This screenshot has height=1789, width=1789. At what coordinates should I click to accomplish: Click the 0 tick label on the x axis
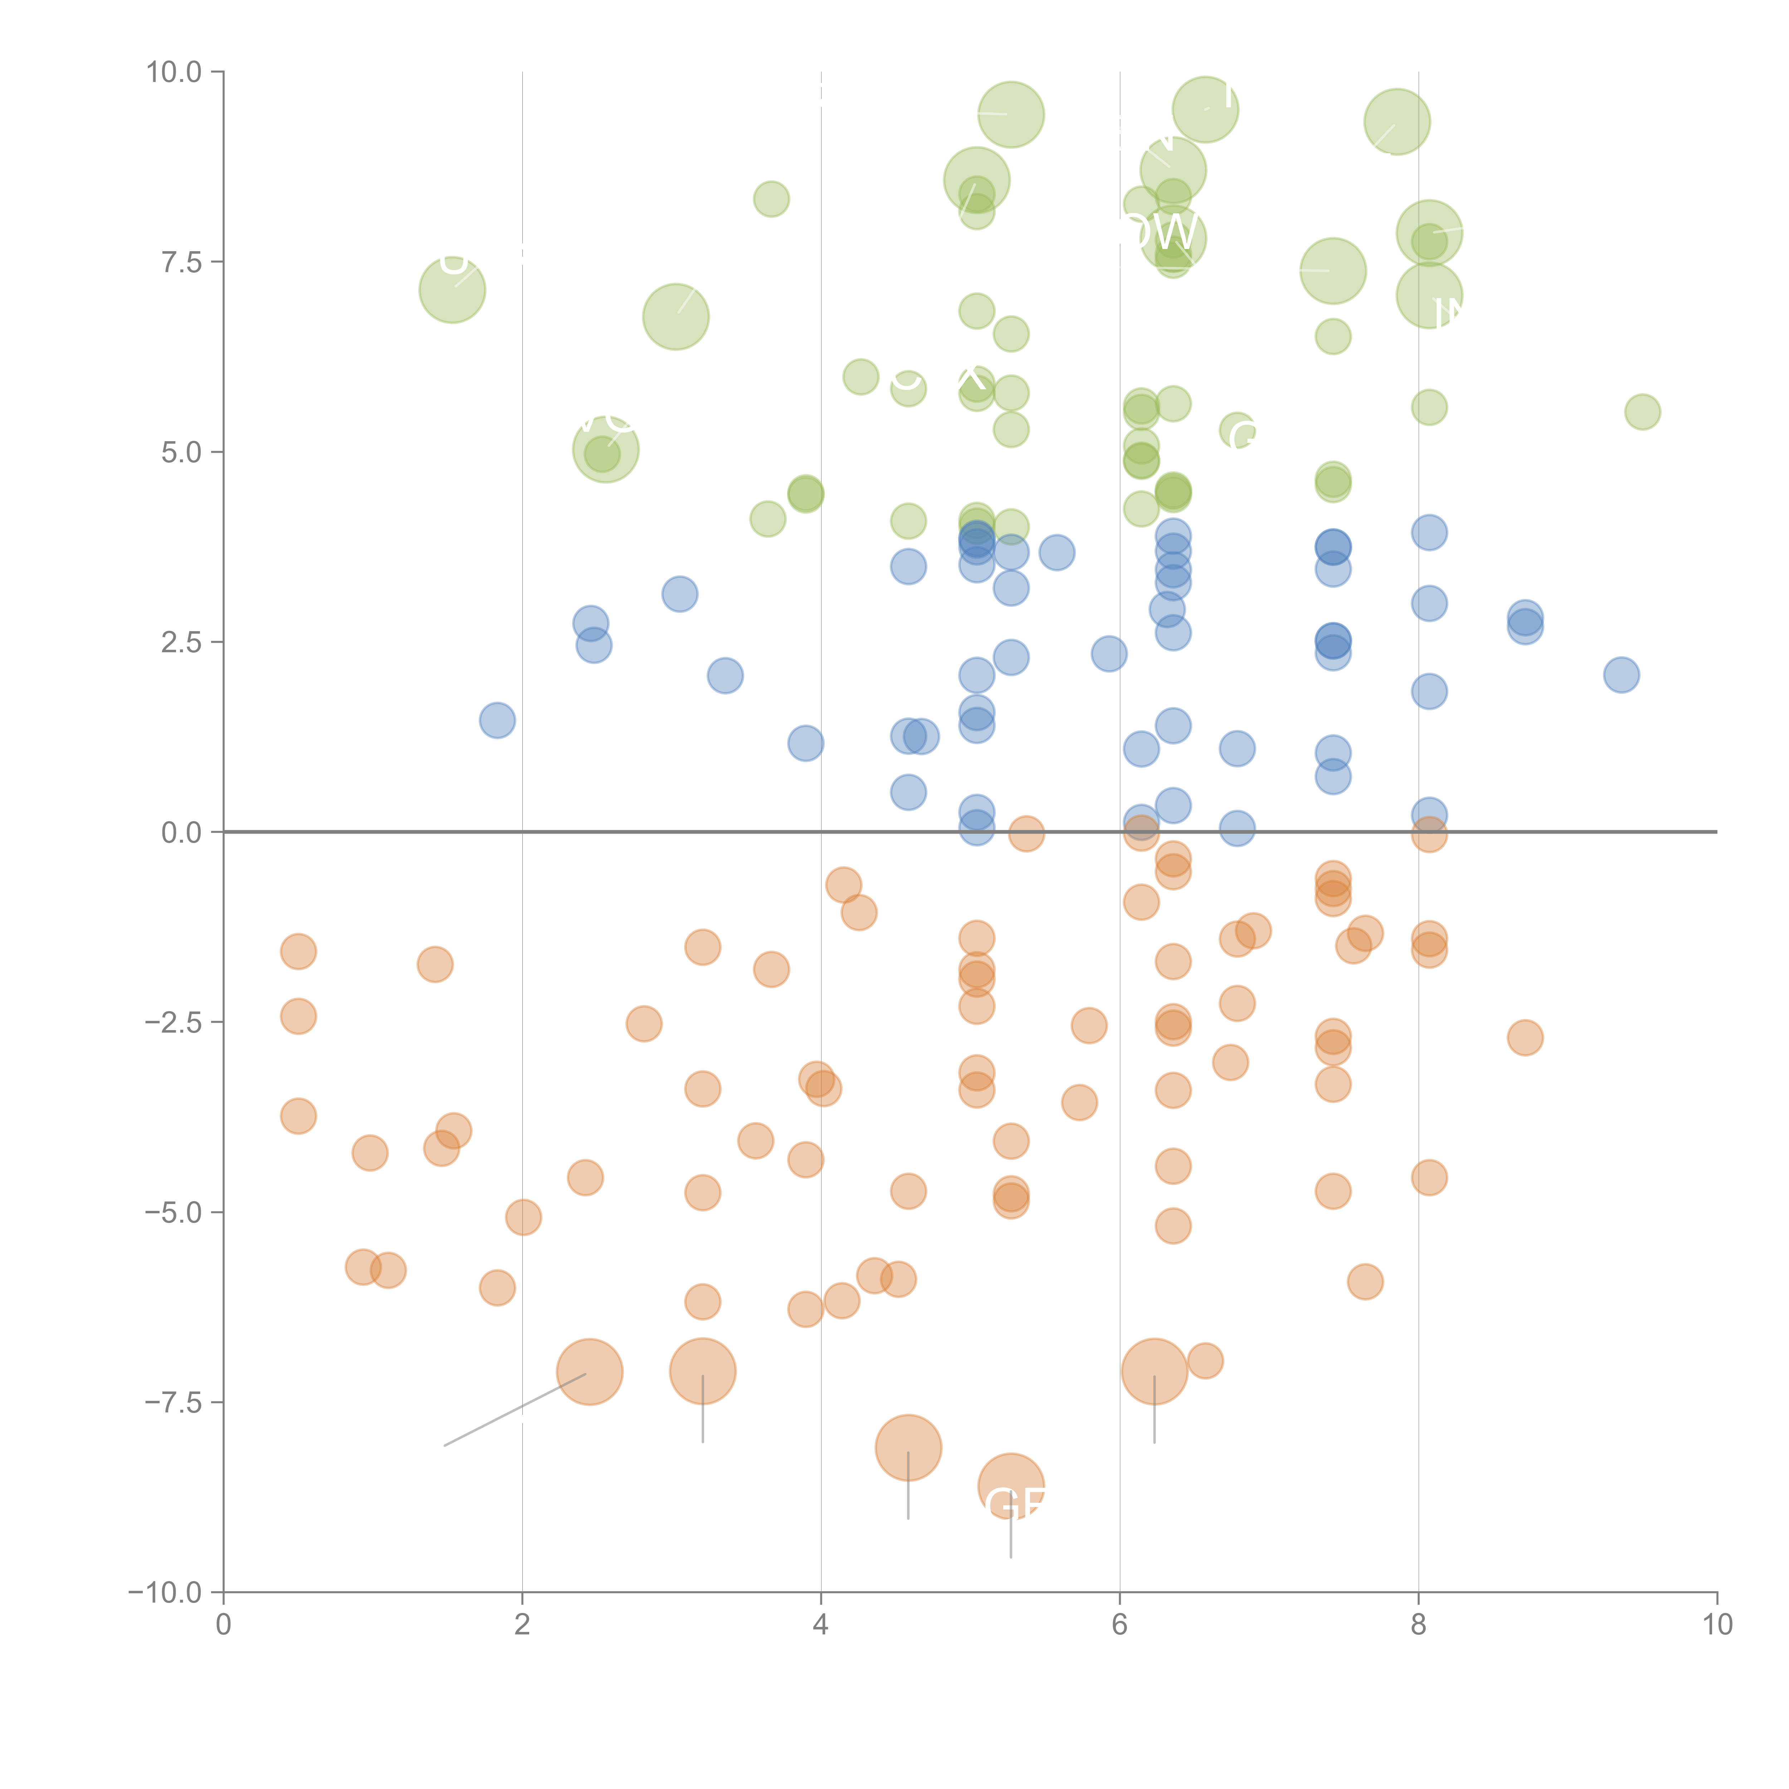click(223, 1625)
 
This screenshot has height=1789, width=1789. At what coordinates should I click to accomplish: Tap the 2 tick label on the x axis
click(522, 1625)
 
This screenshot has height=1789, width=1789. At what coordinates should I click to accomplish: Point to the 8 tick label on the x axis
click(1419, 1625)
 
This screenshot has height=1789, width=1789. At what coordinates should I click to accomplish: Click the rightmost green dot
click(1643, 412)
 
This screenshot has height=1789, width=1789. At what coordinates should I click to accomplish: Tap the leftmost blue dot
click(497, 720)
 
